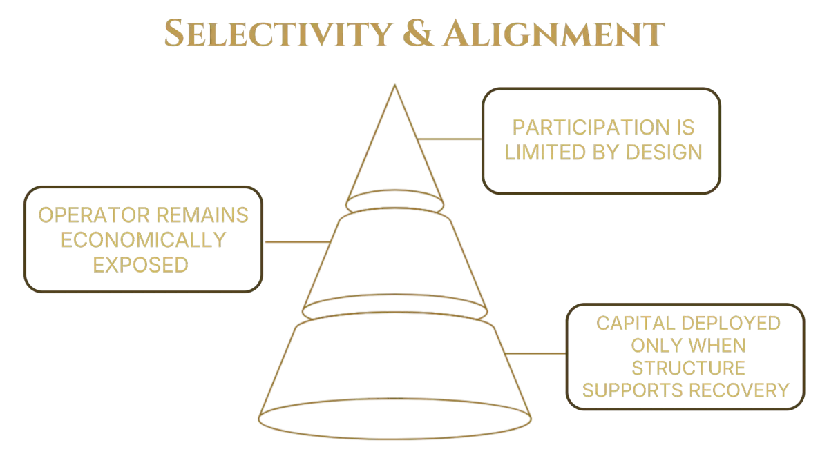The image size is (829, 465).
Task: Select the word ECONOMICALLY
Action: tap(142, 240)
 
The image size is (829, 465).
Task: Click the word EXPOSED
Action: tap(141, 264)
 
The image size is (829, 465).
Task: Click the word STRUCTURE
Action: tap(687, 367)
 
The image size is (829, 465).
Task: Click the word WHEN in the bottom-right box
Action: tap(718, 345)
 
